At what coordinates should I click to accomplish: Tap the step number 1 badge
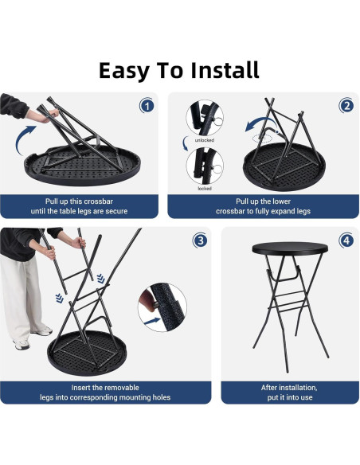point(147,106)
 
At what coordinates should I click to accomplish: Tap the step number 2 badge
point(346,106)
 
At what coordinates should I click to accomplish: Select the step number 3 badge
point(201,240)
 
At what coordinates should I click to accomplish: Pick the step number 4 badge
point(346,240)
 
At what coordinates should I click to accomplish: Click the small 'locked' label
point(204,190)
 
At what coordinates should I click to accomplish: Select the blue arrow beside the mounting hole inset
point(151,318)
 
